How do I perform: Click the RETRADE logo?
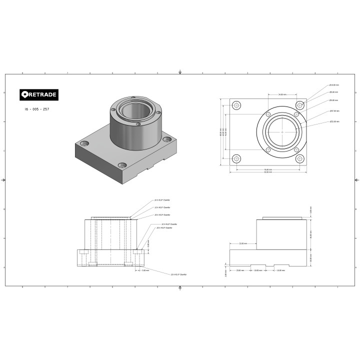tap(39, 94)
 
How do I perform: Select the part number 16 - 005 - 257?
tap(36, 108)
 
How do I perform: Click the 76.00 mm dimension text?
tap(268, 169)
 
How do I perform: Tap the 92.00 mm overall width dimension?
tap(268, 172)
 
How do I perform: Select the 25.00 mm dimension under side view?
tap(240, 270)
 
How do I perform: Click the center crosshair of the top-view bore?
tap(282, 132)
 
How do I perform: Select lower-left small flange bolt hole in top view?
tap(268, 149)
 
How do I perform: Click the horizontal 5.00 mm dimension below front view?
tap(145, 270)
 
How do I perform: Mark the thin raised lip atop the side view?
tap(282, 217)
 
